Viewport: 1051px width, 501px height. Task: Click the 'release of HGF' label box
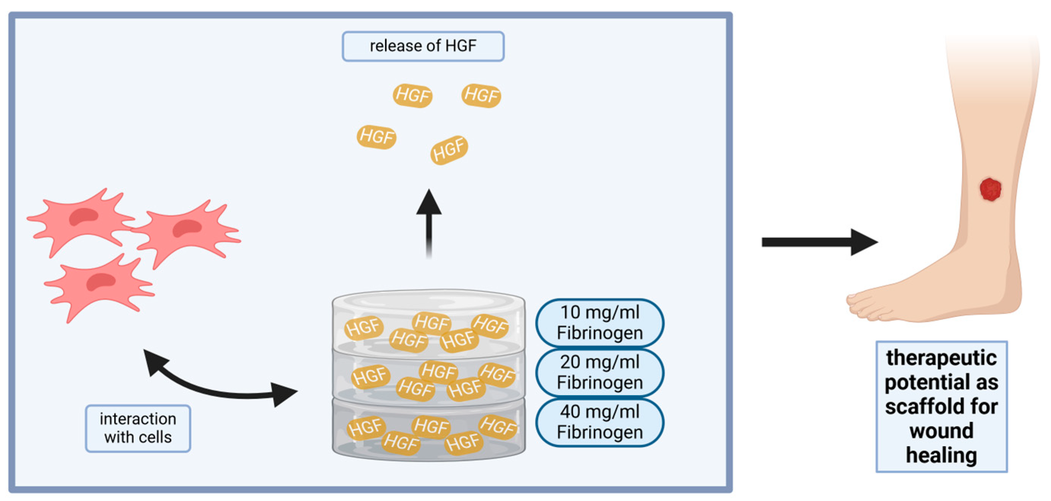(x=423, y=46)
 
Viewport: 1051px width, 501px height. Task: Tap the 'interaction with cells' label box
(x=138, y=428)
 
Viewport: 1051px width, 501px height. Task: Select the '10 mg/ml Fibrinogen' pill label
(x=599, y=323)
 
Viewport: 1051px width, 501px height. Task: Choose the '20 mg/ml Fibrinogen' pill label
(x=599, y=372)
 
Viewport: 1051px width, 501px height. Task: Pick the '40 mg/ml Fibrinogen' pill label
(x=599, y=422)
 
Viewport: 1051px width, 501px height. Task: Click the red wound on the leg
(x=990, y=189)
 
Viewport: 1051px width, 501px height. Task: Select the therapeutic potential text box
(x=941, y=406)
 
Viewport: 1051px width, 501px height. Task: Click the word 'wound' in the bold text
(x=941, y=431)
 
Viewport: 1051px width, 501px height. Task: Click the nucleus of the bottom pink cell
(x=100, y=282)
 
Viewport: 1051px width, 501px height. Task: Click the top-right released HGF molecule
(x=481, y=95)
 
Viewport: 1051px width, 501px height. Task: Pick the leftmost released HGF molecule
(x=376, y=137)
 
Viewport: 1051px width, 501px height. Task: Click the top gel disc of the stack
(x=428, y=322)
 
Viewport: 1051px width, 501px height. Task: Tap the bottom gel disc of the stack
(x=428, y=433)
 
